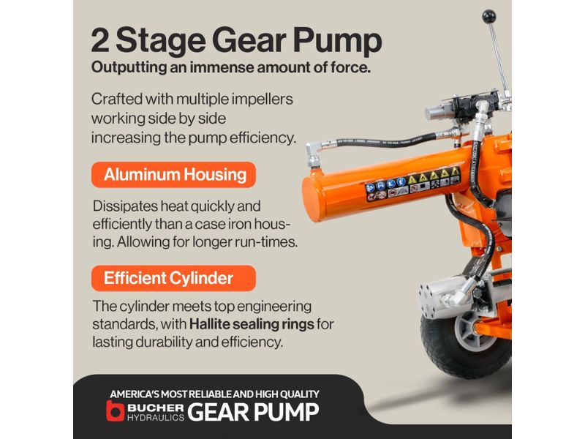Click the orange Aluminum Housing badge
(x=173, y=175)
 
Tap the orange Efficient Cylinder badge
(x=173, y=278)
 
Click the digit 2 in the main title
(x=99, y=41)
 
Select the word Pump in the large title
(x=337, y=42)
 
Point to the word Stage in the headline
(x=160, y=42)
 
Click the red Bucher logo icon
(x=115, y=410)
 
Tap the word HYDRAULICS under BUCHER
(x=156, y=417)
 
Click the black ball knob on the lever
(x=488, y=17)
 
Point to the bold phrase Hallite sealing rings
(x=252, y=324)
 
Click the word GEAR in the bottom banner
(x=218, y=412)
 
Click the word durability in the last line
(x=167, y=342)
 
